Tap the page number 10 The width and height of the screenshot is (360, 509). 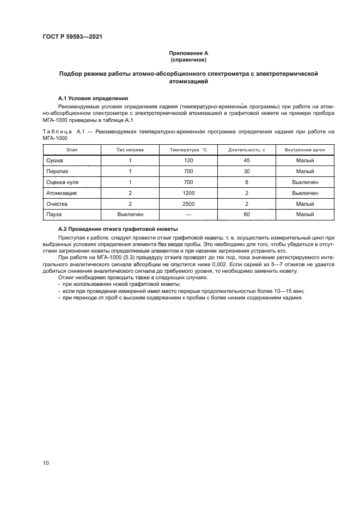pos(46,463)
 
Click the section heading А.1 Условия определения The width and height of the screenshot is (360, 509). pos(93,98)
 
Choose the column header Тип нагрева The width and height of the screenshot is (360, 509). pos(130,149)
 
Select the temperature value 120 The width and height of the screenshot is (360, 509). pos(189,160)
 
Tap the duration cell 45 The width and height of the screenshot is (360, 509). pos(246,160)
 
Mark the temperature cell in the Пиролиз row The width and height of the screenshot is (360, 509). pos(189,171)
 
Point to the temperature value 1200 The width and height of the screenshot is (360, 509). pos(189,193)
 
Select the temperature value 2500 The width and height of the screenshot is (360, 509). pos(189,204)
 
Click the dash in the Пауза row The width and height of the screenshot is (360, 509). pos(189,214)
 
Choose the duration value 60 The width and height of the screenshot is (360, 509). pos(246,214)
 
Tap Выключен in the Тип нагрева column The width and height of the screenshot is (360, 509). pos(130,214)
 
